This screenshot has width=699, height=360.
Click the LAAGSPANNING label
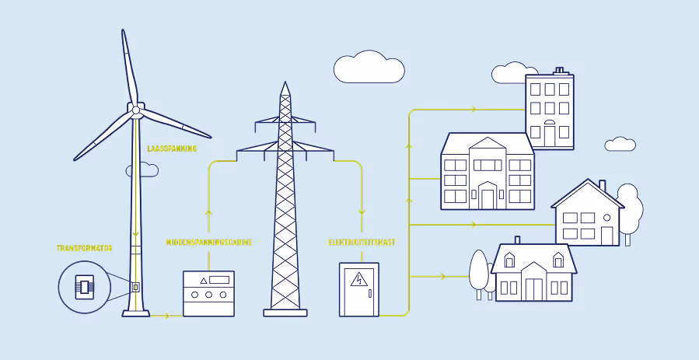172,148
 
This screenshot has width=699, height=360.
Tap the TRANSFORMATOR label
84,248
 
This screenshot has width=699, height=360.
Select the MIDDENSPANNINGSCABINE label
208,243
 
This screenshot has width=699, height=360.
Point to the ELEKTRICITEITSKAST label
362,243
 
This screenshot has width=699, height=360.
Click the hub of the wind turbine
136,110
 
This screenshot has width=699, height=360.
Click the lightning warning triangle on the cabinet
359,280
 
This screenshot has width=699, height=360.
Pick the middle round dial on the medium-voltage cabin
208,295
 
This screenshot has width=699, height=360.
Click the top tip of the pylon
285,83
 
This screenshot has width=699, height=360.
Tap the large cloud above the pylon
369,68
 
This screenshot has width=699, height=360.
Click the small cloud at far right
620,144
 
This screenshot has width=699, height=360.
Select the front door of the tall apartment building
550,135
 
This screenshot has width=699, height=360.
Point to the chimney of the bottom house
517,240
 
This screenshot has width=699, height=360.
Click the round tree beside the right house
630,204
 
